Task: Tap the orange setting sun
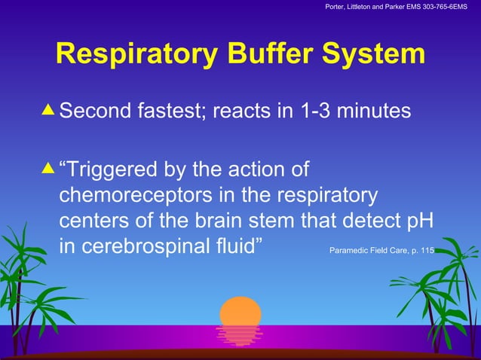240,312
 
